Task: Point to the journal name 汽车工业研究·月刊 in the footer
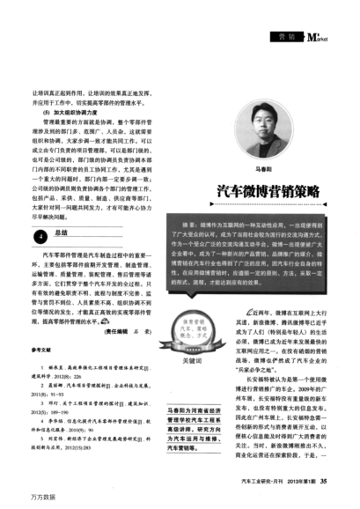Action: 256,480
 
